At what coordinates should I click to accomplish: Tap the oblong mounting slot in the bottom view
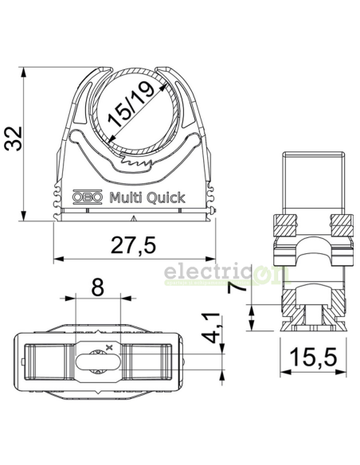pos(98,362)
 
